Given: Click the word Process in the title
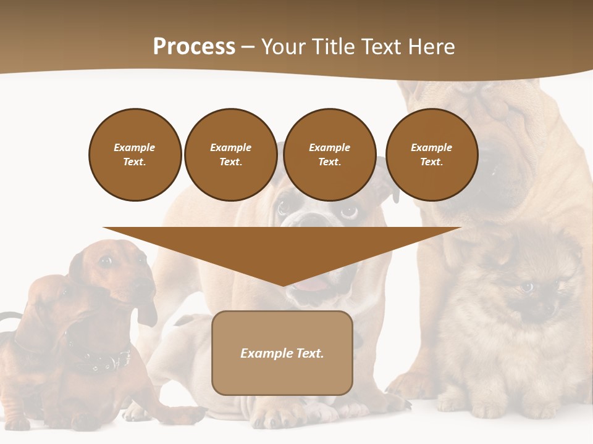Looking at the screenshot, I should click(x=194, y=47).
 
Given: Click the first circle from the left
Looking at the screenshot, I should click(x=135, y=154).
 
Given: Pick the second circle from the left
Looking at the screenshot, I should click(x=231, y=154).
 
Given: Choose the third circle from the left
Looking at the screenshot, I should click(x=330, y=154).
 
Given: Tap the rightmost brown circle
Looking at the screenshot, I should click(x=432, y=154).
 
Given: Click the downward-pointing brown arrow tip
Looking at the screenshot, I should click(x=283, y=281).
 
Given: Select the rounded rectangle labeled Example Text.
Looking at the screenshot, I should click(x=282, y=353).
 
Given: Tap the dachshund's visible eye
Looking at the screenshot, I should click(x=106, y=261).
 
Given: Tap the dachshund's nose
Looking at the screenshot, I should click(x=149, y=283).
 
